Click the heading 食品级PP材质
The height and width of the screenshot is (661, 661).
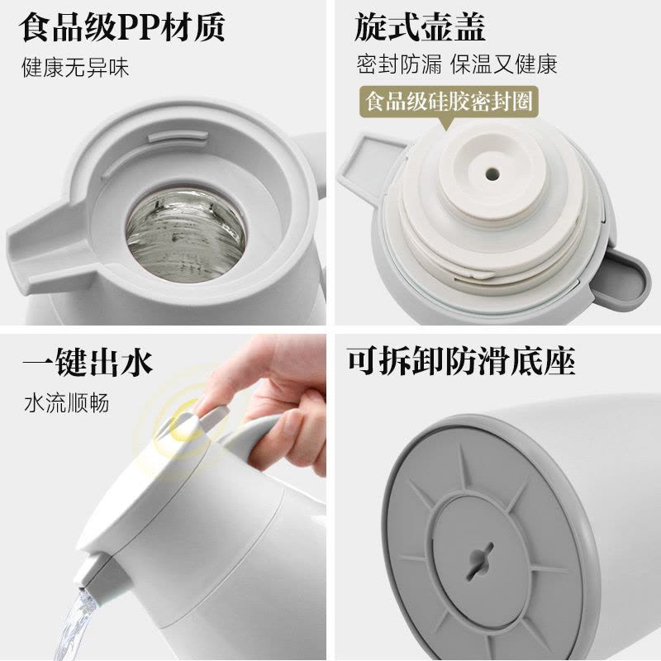click(121, 28)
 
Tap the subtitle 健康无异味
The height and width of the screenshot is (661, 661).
click(75, 68)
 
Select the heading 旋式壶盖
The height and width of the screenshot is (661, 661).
click(420, 27)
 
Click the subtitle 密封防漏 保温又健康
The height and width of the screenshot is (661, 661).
click(457, 64)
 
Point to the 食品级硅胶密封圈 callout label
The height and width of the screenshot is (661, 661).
click(449, 101)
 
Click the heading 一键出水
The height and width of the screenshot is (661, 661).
click(88, 362)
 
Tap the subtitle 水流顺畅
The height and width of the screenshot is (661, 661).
click(67, 403)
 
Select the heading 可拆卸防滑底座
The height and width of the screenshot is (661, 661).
click(462, 361)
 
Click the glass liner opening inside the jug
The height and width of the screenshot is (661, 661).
click(185, 235)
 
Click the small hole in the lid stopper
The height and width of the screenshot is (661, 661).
click(492, 174)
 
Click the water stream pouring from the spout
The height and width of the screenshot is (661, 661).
click(75, 624)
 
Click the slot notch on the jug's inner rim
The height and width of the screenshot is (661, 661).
click(178, 136)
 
